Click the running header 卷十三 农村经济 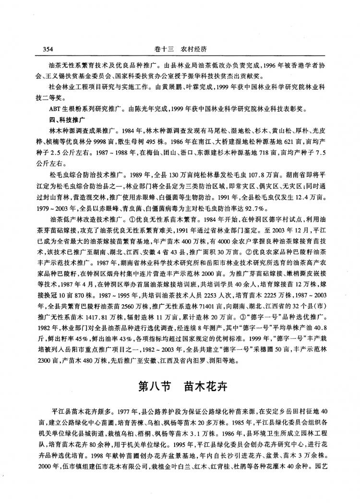[x=180, y=48]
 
